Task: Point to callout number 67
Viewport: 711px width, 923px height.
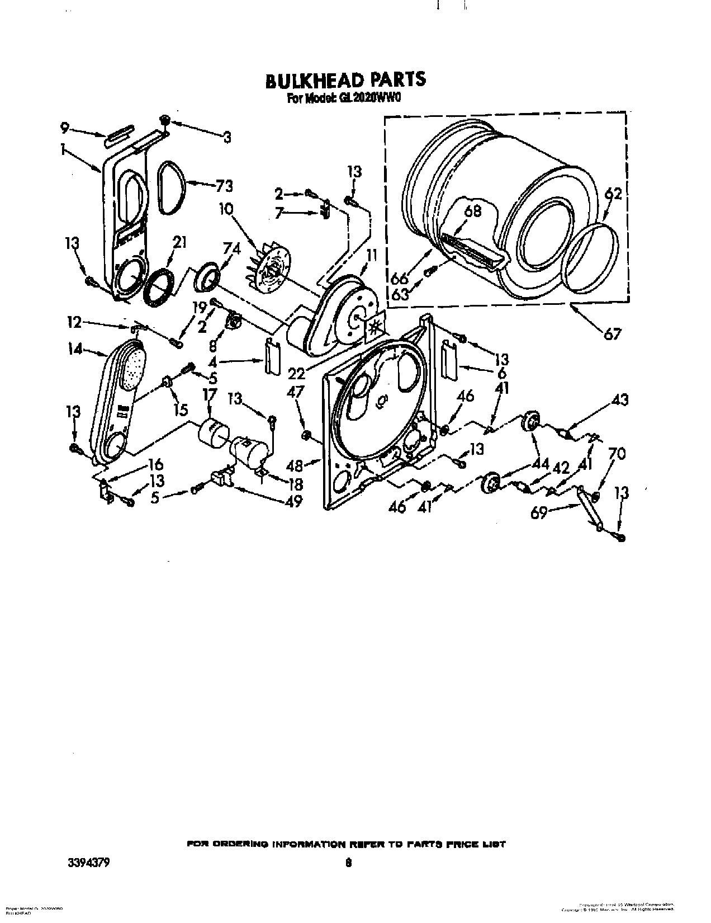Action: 612,335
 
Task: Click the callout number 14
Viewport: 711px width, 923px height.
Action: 74,350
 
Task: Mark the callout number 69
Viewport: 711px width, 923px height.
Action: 538,513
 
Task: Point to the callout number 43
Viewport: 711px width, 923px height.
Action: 620,399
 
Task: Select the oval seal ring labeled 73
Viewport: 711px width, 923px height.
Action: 166,188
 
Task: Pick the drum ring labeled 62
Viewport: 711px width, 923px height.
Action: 592,257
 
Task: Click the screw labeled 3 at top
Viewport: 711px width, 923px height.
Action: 165,119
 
